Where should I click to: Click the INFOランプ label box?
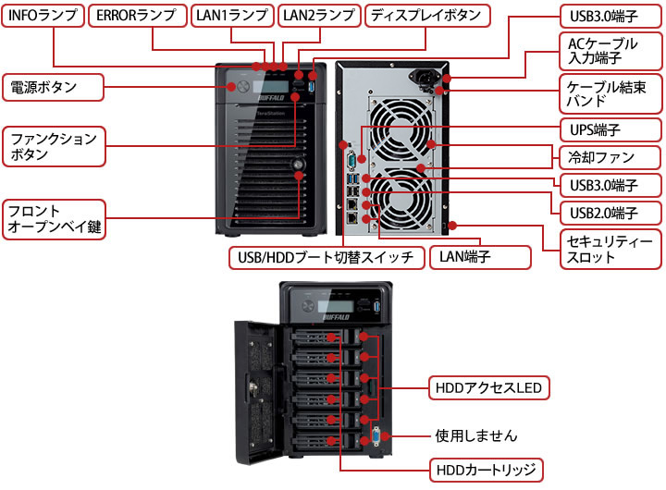[43, 16]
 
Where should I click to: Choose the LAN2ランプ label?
[317, 16]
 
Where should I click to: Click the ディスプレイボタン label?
[425, 16]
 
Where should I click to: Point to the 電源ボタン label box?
[52, 88]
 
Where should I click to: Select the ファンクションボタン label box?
[53, 147]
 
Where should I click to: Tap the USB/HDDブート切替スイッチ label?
[326, 256]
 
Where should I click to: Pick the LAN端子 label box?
[479, 256]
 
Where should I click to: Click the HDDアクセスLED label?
[487, 386]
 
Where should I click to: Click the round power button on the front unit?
[243, 87]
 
